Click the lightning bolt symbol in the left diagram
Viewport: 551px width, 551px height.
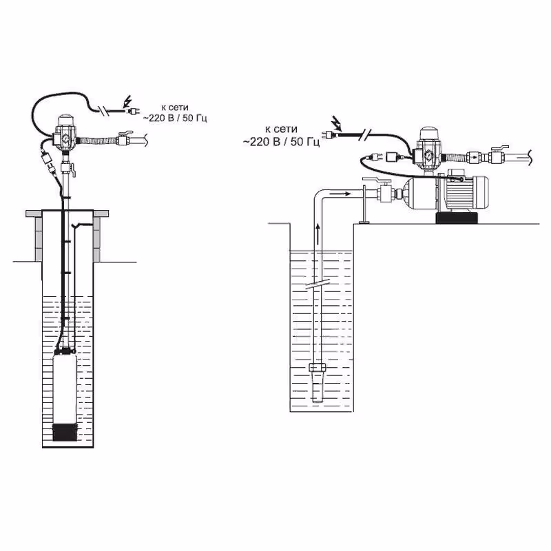[127, 103]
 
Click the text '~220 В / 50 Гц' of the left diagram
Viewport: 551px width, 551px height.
[175, 118]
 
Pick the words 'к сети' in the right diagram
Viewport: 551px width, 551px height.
[279, 129]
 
